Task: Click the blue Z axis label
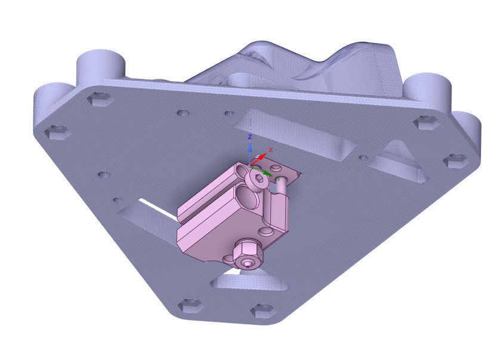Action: (x=251, y=137)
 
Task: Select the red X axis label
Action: (x=271, y=149)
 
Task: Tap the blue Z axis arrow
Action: (x=251, y=149)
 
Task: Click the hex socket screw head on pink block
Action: (x=258, y=179)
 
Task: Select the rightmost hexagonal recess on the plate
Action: (x=456, y=160)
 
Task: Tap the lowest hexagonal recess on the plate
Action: (x=263, y=310)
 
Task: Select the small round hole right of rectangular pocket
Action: (x=362, y=158)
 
